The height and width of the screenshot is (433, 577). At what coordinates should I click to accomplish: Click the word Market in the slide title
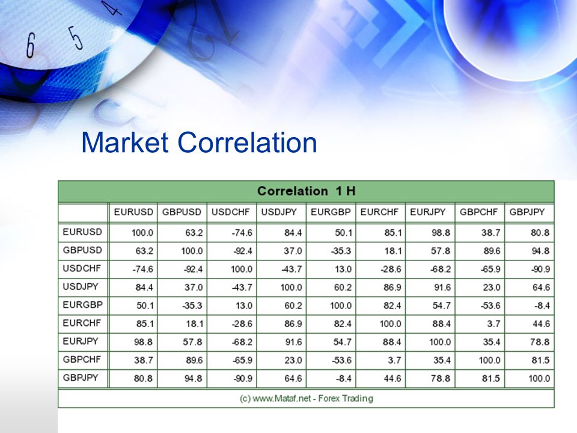125,143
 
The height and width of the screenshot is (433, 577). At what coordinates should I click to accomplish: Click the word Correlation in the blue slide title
247,143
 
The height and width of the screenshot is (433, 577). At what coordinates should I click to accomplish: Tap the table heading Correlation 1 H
306,191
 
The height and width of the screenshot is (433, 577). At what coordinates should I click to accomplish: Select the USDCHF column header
230,212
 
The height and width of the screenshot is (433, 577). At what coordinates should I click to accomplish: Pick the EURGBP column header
331,212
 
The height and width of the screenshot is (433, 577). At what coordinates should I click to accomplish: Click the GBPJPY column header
527,212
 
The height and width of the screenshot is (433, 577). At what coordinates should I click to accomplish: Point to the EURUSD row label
82,232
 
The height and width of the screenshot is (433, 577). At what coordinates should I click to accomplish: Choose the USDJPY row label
81,286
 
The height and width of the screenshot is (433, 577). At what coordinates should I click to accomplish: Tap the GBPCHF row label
82,360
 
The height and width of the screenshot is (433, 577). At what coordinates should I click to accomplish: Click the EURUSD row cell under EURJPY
441,233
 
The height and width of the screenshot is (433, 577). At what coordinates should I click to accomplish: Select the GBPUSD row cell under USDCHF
242,251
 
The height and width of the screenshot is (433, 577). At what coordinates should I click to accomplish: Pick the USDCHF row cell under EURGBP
343,269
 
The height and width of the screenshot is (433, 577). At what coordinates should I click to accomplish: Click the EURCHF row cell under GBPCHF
493,324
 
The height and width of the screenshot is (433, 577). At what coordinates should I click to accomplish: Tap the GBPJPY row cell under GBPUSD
193,378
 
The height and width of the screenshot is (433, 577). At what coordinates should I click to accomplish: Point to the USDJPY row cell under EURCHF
392,287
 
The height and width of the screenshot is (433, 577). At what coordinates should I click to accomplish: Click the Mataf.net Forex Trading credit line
306,398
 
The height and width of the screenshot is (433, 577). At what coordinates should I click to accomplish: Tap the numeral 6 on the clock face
30,45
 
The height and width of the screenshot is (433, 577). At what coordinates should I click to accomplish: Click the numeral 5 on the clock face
75,37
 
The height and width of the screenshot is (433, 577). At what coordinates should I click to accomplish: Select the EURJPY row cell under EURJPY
440,342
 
